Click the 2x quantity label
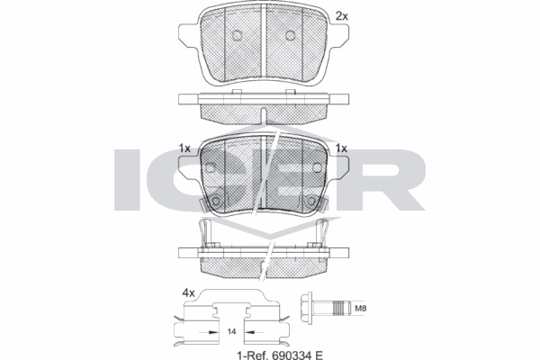click(x=341, y=16)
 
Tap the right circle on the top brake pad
click(x=291, y=36)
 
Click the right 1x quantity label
click(x=341, y=148)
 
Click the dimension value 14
click(x=232, y=332)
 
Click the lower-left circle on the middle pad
click(x=218, y=200)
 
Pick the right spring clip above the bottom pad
click(x=320, y=232)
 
